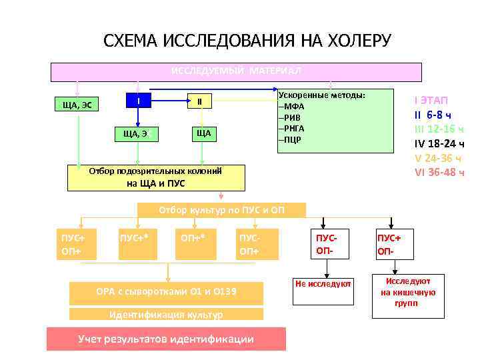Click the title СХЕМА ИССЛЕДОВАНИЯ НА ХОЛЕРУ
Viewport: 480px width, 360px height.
coord(247,41)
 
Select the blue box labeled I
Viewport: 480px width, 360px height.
coord(139,101)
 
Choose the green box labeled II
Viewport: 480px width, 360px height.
coord(199,101)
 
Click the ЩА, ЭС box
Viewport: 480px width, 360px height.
coord(77,105)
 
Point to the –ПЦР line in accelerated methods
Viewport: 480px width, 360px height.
coord(292,139)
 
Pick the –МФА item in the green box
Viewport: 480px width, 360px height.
coord(293,107)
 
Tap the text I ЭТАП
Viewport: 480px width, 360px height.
coord(431,100)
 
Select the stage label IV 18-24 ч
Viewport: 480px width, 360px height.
coord(439,143)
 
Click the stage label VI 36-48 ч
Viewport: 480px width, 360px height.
coord(439,172)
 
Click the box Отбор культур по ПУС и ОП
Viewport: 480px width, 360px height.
coord(221,209)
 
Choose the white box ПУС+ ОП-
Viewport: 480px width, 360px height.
coord(391,245)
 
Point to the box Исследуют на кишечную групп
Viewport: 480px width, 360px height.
coord(407,292)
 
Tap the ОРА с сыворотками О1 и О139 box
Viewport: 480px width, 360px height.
coord(166,291)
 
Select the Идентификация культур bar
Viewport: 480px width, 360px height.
coord(166,314)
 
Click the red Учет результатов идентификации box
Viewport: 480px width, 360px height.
coord(166,339)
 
